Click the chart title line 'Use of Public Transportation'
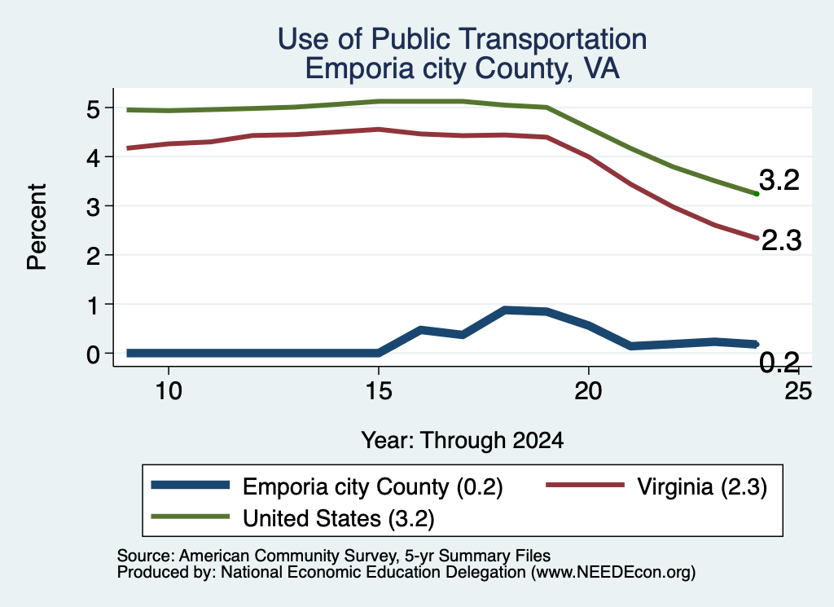pyautogui.click(x=463, y=39)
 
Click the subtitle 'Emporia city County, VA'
pyautogui.click(x=463, y=68)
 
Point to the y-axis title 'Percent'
pyautogui.click(x=37, y=227)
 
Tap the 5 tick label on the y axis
pyautogui.click(x=94, y=109)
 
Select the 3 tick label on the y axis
pyautogui.click(x=94, y=207)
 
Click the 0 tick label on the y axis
pyautogui.click(x=94, y=354)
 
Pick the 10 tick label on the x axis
pyautogui.click(x=169, y=391)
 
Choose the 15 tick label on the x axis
pyautogui.click(x=379, y=391)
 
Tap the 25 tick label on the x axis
pyautogui.click(x=798, y=391)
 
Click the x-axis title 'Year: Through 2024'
pyautogui.click(x=463, y=441)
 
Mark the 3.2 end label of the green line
pyautogui.click(x=779, y=180)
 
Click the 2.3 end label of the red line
pyautogui.click(x=781, y=240)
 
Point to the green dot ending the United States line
pyautogui.click(x=757, y=194)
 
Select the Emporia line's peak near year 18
pyautogui.click(x=505, y=310)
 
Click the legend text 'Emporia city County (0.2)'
pyautogui.click(x=372, y=486)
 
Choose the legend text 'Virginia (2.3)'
pyautogui.click(x=702, y=486)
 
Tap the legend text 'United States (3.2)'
pyautogui.click(x=338, y=518)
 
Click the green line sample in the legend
pyautogui.click(x=191, y=517)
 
